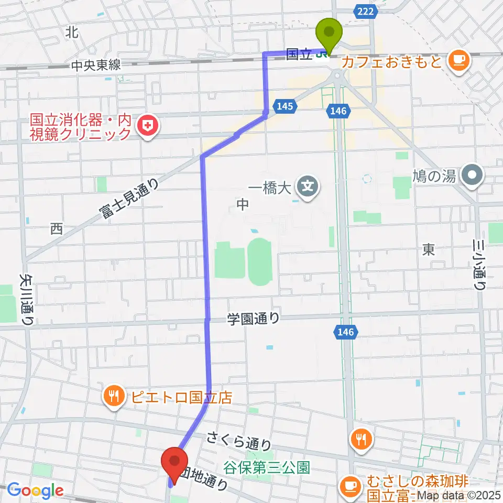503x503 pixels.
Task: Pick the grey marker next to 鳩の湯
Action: click(x=474, y=174)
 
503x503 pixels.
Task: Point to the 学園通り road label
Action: click(x=254, y=318)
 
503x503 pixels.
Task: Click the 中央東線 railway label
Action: click(x=96, y=65)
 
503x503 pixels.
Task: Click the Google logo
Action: click(x=35, y=490)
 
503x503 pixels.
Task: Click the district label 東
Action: click(x=428, y=250)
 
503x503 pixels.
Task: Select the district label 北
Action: click(x=72, y=32)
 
